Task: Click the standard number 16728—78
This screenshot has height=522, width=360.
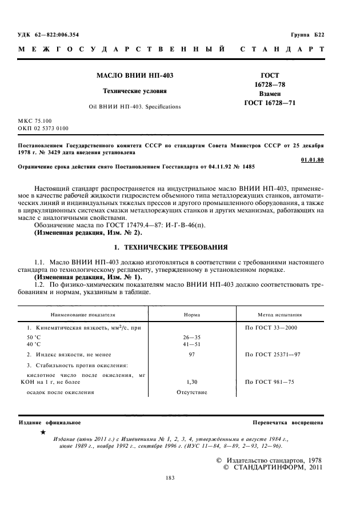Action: coord(270,84)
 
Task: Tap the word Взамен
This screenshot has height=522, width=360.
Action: coord(270,93)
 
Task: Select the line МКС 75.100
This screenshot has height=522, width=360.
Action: coord(35,121)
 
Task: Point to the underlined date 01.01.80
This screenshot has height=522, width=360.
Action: coord(311,159)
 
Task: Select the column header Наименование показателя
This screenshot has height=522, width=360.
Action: coord(83,315)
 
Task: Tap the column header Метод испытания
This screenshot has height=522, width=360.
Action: coord(281,315)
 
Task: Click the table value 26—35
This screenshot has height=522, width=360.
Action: coord(191,338)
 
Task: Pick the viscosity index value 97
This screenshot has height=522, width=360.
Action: coord(191,355)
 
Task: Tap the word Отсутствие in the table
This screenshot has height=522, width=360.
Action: coord(191,392)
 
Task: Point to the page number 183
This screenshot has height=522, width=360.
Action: coord(170,477)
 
